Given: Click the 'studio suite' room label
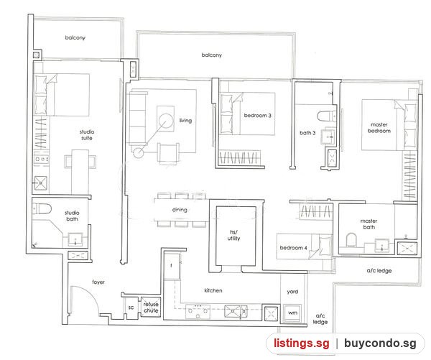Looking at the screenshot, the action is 87,135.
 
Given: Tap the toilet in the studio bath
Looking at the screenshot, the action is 42,208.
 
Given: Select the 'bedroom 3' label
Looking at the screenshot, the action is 258,116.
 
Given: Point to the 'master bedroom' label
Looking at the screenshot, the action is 379,128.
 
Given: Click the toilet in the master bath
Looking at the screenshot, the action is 351,240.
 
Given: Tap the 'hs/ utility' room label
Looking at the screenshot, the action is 233,236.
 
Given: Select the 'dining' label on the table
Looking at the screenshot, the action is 180,210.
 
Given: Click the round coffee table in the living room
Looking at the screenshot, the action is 165,121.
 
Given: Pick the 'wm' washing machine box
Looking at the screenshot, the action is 292,313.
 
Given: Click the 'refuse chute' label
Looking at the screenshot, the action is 151,308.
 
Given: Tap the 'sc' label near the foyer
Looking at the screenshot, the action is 131,308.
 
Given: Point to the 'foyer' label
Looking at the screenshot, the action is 98,282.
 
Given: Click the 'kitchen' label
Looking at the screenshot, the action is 213,290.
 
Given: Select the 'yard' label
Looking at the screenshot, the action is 292,292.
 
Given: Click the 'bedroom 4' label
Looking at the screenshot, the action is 293,248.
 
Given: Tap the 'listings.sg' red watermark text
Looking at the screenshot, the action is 301,343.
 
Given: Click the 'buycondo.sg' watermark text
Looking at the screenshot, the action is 380,343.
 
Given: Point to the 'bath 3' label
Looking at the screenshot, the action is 307,133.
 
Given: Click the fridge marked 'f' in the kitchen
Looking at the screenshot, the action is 172,266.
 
